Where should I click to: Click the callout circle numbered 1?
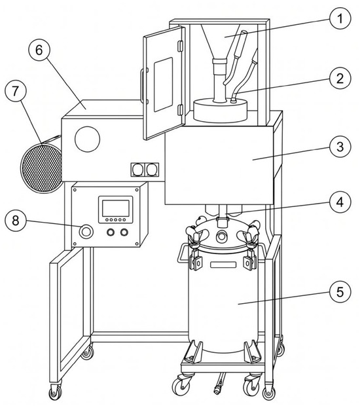(340, 19)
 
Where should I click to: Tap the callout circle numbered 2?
(340, 78)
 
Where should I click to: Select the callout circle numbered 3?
(340, 146)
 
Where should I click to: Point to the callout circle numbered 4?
(340, 202)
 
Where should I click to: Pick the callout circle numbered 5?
(340, 291)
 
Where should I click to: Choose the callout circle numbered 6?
(39, 50)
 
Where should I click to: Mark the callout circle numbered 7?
(16, 91)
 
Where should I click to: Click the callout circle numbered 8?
(16, 221)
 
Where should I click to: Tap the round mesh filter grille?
(41, 168)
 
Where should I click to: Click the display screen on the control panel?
(115, 208)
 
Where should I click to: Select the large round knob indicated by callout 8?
(86, 231)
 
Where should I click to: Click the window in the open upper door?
(163, 84)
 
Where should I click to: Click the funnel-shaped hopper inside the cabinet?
(221, 41)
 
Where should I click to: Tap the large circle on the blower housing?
(87, 139)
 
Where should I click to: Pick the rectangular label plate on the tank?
(223, 265)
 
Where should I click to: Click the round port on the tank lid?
(221, 236)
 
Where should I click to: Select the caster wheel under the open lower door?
(55, 392)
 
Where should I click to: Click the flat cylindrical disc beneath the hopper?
(220, 110)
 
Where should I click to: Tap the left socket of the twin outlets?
(137, 170)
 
